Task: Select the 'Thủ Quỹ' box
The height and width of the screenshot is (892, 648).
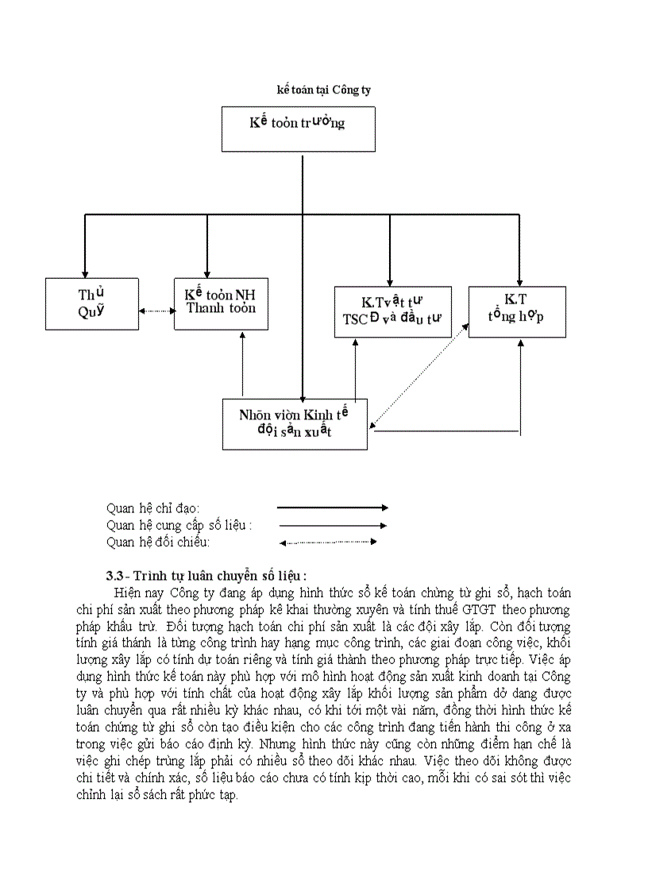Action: [x=92, y=303]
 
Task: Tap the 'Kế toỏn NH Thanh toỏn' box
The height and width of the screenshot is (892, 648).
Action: [x=221, y=303]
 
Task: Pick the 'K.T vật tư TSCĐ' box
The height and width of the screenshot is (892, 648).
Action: [x=392, y=312]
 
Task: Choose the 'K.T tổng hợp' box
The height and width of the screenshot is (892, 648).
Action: [x=516, y=312]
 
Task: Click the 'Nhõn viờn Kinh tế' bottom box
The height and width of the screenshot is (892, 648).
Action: [x=295, y=423]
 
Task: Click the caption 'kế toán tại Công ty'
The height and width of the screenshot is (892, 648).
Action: [x=323, y=91]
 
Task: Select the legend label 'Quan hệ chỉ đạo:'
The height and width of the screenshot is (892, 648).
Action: [x=153, y=508]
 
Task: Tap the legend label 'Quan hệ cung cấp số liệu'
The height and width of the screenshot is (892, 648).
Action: [x=179, y=525]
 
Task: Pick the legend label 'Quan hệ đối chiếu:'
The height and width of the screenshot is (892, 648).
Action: [x=158, y=542]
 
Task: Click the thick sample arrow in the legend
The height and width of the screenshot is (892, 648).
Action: [x=332, y=508]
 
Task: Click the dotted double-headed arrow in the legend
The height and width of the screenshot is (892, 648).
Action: [x=326, y=543]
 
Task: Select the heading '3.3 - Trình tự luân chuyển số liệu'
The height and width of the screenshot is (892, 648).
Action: [x=206, y=575]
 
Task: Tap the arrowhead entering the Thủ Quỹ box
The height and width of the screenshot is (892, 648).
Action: [x=85, y=272]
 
